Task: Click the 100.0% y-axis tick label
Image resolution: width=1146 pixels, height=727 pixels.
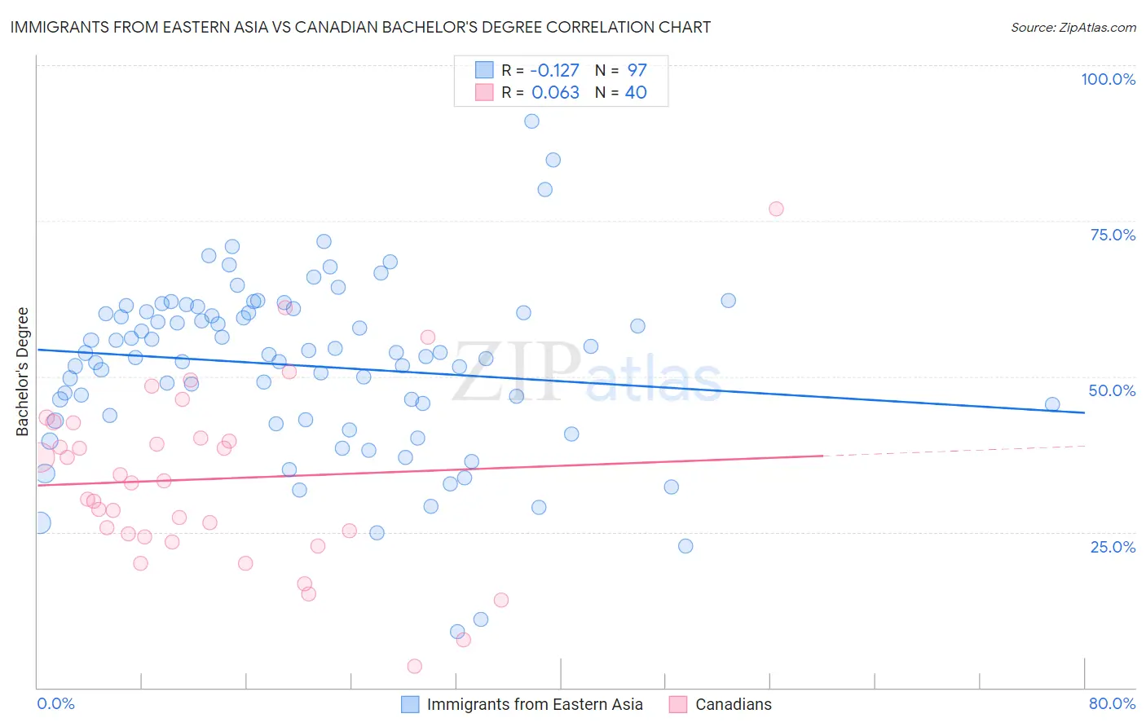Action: click(1108, 79)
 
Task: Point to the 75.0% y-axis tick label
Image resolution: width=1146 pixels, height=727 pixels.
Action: click(1113, 235)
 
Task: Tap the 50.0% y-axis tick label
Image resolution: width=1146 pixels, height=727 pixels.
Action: click(1112, 390)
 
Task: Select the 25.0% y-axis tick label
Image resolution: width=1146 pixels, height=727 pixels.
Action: click(1113, 546)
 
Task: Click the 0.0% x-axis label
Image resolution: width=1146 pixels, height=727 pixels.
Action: click(55, 703)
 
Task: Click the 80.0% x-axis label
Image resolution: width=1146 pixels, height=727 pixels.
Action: click(1112, 703)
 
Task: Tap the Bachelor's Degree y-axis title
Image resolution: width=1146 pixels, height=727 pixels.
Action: click(23, 372)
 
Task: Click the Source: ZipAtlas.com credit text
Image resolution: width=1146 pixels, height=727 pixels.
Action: click(1073, 28)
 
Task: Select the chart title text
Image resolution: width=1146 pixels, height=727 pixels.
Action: click(360, 28)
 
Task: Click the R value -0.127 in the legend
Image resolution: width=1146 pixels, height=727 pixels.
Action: click(554, 70)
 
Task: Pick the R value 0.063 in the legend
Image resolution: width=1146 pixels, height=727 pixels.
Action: click(555, 92)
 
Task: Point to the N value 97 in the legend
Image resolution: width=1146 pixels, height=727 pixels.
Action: click(637, 70)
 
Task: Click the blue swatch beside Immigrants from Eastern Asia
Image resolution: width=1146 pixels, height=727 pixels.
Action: click(410, 704)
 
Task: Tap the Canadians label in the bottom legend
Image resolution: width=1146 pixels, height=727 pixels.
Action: click(733, 704)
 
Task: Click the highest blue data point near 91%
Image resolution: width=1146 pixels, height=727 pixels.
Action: click(531, 121)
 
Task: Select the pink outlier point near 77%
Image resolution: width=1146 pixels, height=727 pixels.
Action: click(776, 209)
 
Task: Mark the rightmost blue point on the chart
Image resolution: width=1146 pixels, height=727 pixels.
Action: click(1052, 404)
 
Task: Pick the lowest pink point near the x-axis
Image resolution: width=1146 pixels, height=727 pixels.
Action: click(414, 667)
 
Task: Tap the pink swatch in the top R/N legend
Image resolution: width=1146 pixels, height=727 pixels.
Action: click(484, 92)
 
